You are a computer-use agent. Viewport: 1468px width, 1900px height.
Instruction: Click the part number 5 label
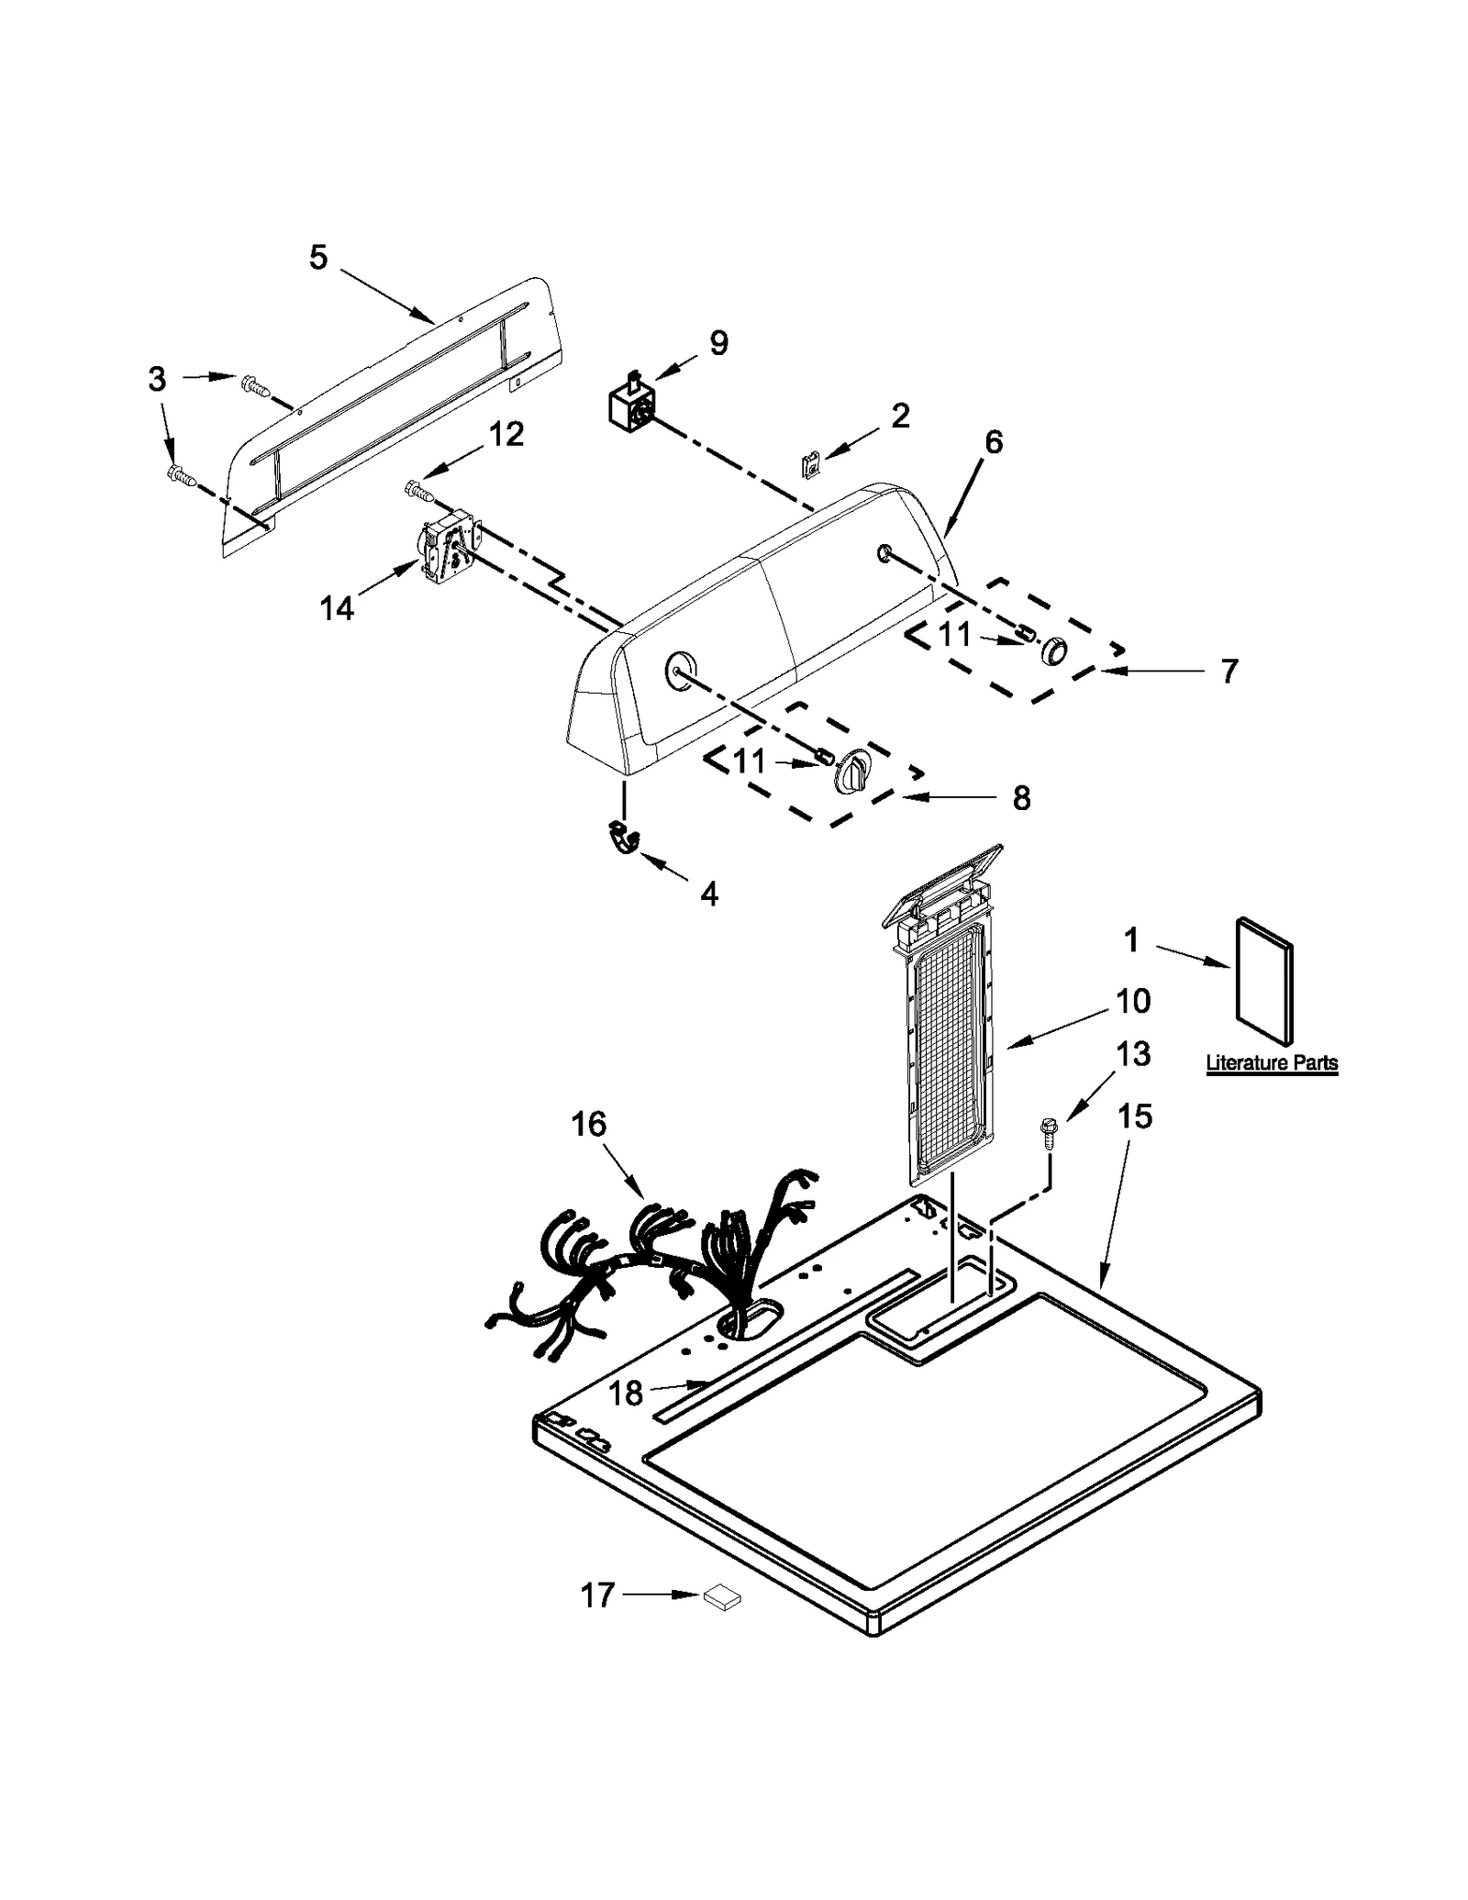click(317, 258)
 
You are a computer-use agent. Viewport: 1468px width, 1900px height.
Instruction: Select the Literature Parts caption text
click(1271, 1063)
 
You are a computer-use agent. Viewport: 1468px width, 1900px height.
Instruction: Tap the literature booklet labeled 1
click(1265, 981)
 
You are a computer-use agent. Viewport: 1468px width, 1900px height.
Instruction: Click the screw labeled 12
click(418, 492)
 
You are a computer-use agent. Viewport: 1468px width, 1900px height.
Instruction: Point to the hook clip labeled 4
click(624, 838)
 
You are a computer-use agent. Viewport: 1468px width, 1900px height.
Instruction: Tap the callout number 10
click(1133, 1000)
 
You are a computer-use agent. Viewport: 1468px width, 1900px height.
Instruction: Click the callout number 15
click(1134, 1117)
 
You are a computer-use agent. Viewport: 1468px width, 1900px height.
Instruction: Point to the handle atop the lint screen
click(940, 883)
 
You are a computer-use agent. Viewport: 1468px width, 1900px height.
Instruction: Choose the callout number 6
click(994, 442)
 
